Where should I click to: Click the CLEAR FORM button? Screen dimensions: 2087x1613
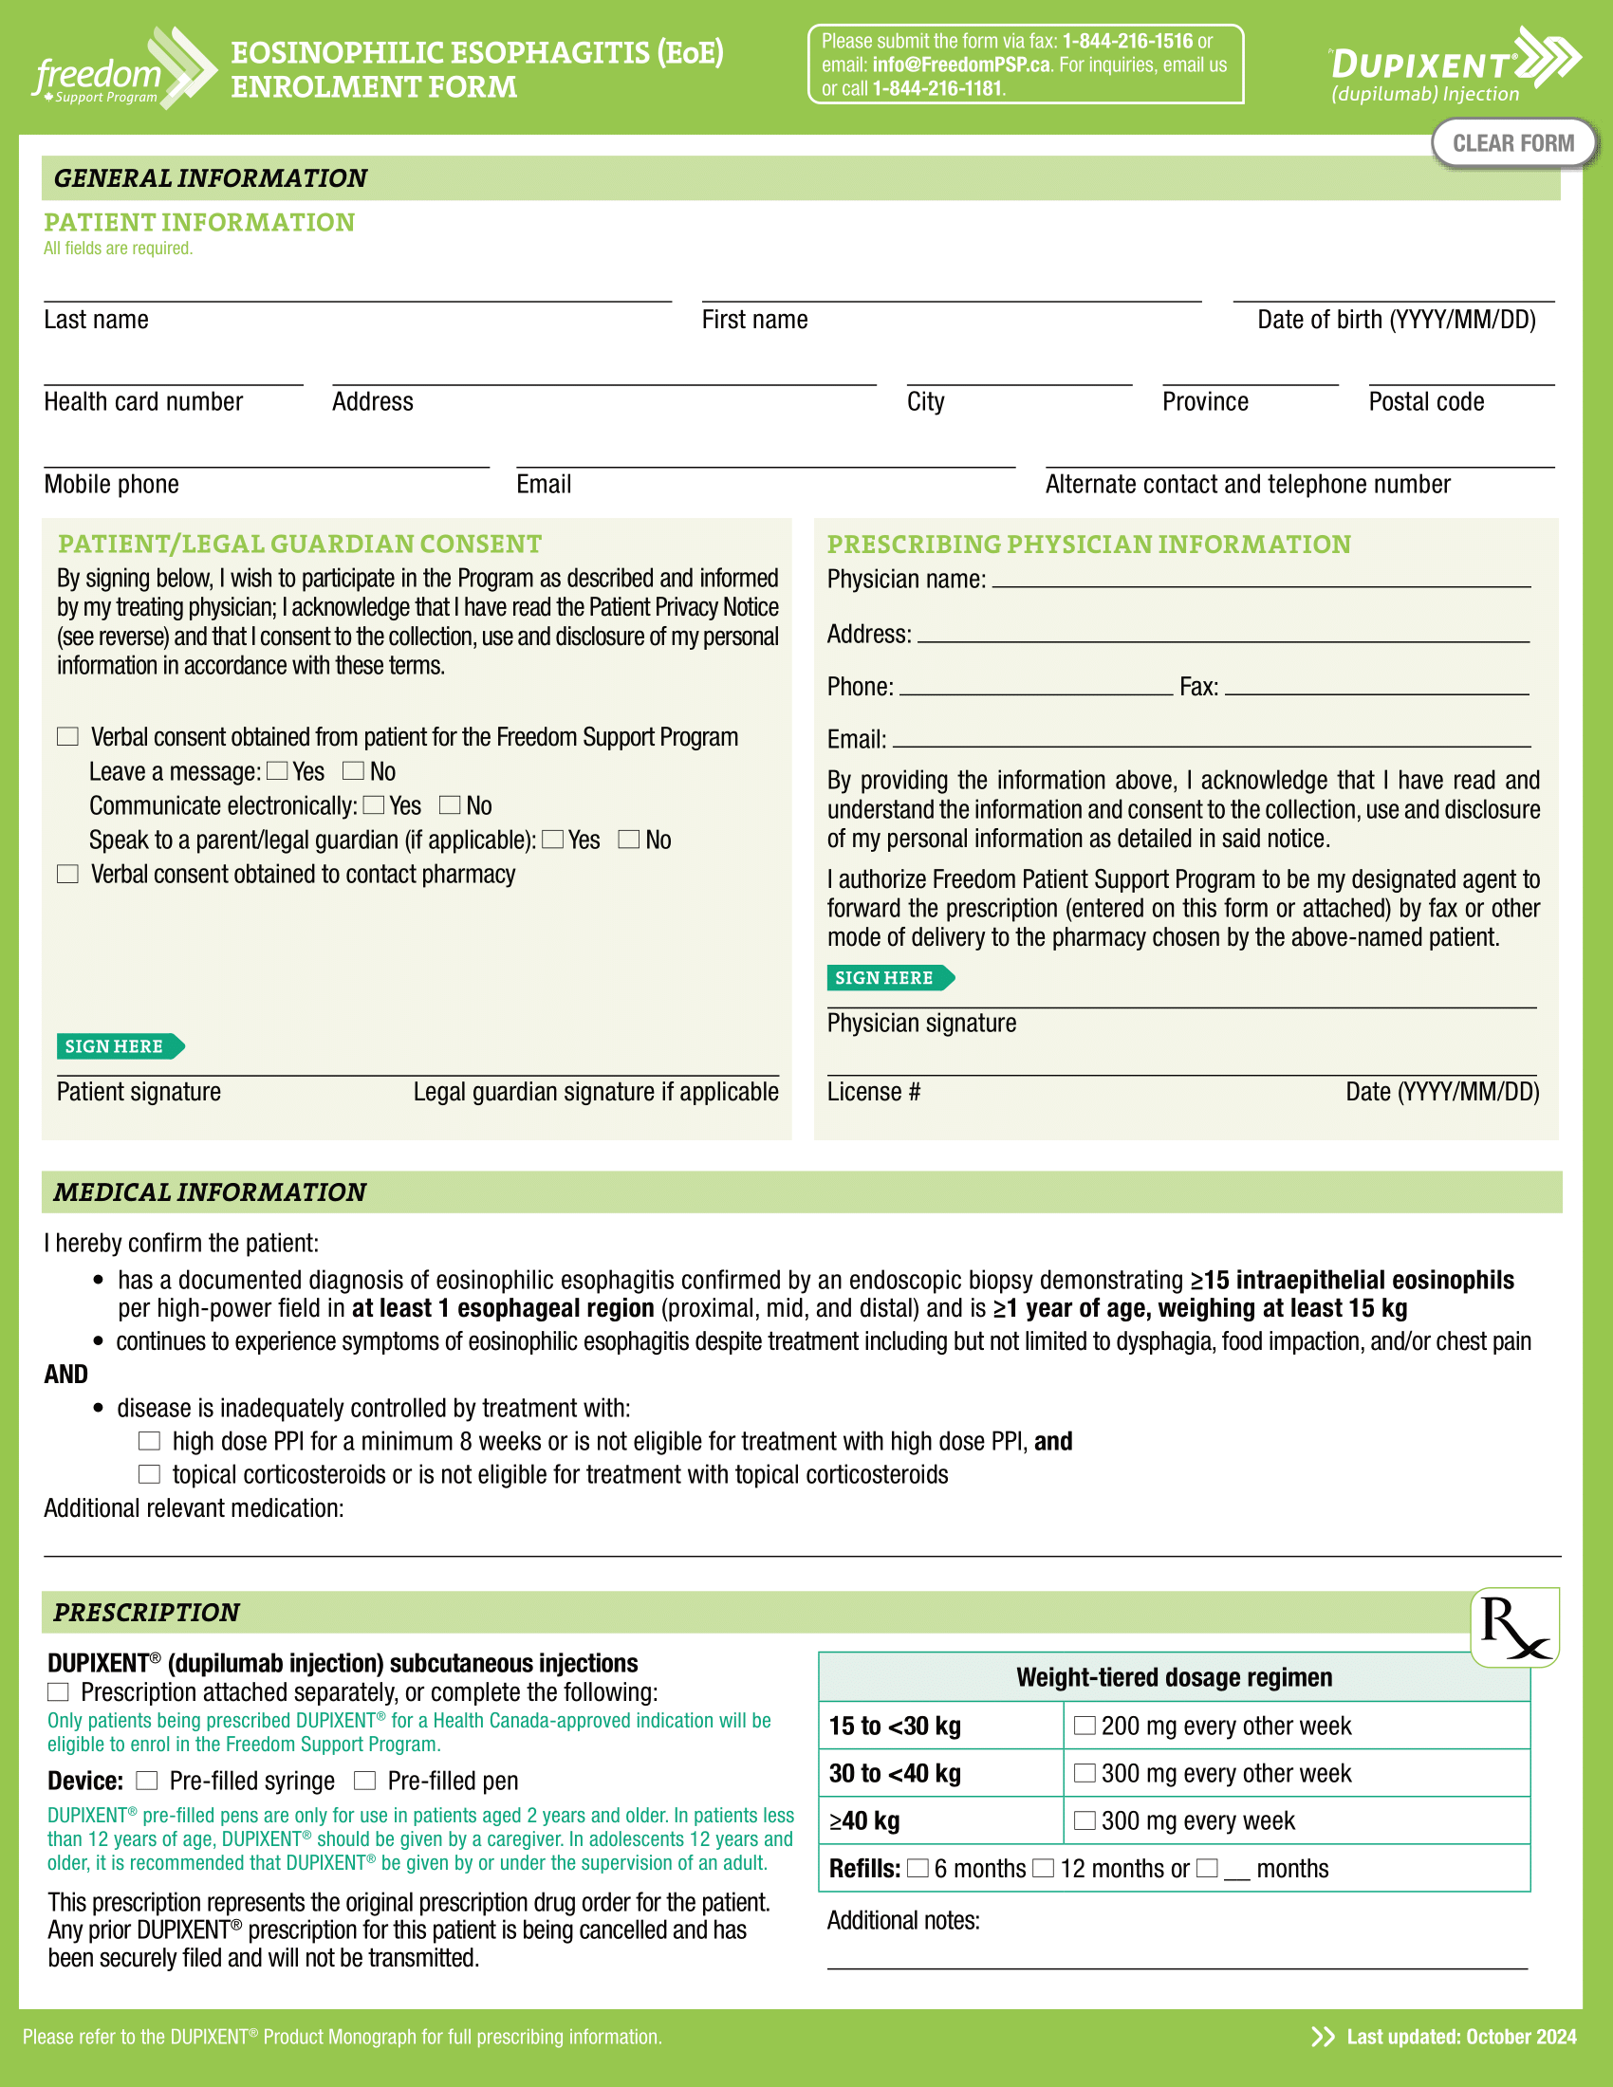[x=1512, y=143]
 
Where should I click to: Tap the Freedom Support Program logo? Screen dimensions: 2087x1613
[x=120, y=69]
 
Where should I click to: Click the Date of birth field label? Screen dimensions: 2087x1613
[x=1395, y=320]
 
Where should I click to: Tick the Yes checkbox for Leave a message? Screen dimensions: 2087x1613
[x=278, y=771]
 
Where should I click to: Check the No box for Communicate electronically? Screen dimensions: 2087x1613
[x=450, y=805]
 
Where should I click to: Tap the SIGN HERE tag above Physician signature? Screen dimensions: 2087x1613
[x=889, y=977]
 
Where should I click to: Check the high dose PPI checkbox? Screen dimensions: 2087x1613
[x=150, y=1441]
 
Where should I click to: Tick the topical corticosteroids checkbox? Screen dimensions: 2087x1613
[x=150, y=1474]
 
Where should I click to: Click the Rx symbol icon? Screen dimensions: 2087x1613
[x=1514, y=1627]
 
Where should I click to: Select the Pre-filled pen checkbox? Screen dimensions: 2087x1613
[x=365, y=1781]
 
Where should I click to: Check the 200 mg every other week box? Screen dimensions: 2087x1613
[x=1085, y=1726]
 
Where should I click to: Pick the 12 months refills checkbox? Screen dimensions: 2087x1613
[x=1045, y=1868]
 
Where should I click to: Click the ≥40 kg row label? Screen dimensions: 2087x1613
[x=864, y=1821]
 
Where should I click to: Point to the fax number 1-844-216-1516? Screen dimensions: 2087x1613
[x=1127, y=41]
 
